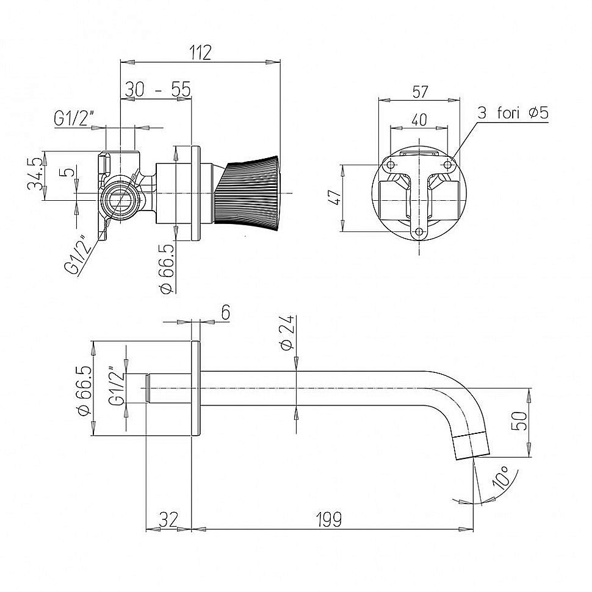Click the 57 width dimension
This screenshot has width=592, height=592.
[x=420, y=92]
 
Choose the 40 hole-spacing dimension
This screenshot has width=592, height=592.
[x=419, y=120]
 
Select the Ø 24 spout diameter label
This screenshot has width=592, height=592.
[x=289, y=333]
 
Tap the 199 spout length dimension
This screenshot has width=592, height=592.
[x=329, y=519]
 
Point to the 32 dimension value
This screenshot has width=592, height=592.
[x=168, y=519]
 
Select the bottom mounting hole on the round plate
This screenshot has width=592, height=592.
[x=419, y=231]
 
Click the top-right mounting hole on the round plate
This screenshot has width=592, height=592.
[x=448, y=165]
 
